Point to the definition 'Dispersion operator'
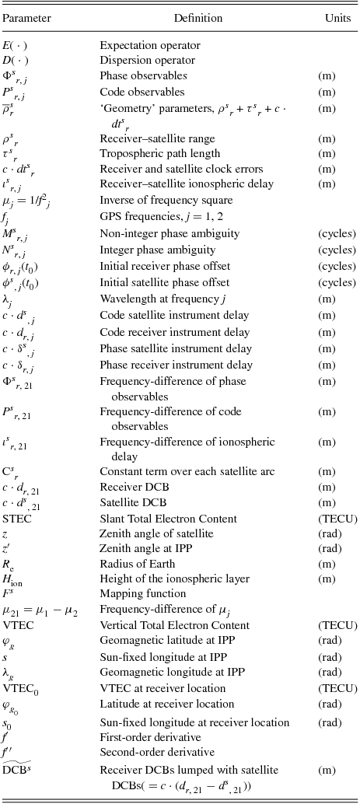(x=148, y=61)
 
